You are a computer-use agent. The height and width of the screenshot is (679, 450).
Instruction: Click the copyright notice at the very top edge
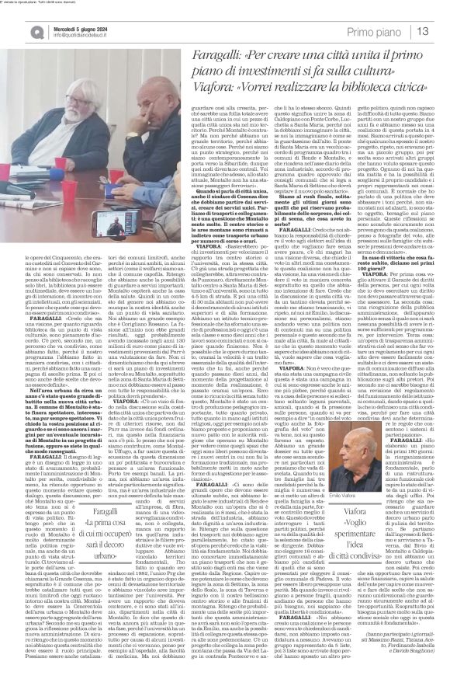click(47, 3)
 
